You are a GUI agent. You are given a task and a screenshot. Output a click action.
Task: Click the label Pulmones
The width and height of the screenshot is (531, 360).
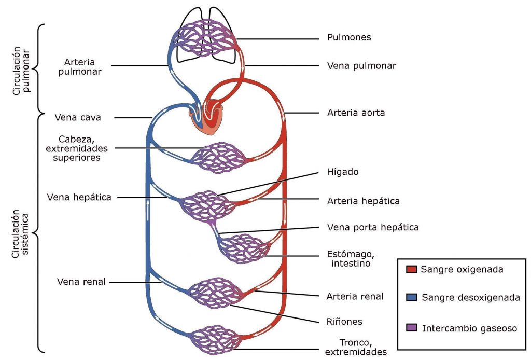pos(349,38)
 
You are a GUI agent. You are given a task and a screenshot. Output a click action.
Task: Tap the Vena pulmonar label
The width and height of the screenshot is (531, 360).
pos(361,66)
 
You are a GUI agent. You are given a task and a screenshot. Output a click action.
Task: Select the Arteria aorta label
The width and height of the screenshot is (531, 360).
pos(356,112)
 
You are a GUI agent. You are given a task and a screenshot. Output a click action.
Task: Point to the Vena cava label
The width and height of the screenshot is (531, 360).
pos(78,118)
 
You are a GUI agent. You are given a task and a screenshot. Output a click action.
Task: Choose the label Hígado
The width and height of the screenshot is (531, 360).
pos(343,172)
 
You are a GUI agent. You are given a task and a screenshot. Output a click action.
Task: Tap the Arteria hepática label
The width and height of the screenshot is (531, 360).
pos(363,201)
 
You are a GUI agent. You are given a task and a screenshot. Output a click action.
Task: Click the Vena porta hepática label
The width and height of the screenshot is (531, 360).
pos(373,227)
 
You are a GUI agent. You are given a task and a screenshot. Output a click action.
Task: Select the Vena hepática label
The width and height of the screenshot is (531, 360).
pos(79,197)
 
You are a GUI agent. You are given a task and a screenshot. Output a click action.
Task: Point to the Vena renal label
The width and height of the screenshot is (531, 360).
pos(81,282)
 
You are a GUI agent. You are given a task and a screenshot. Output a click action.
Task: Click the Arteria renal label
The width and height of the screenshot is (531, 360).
pos(355,297)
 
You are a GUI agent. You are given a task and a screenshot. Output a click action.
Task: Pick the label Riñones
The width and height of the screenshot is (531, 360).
pos(344,322)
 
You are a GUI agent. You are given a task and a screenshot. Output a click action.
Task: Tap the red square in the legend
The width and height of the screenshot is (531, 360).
pos(412,269)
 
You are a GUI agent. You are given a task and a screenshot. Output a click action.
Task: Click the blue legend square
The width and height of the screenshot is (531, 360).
pos(412,297)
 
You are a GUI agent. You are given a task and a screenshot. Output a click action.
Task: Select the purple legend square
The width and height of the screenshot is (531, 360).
pos(412,328)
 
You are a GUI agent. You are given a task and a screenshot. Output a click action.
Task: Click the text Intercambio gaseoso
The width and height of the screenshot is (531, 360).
pos(469,328)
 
